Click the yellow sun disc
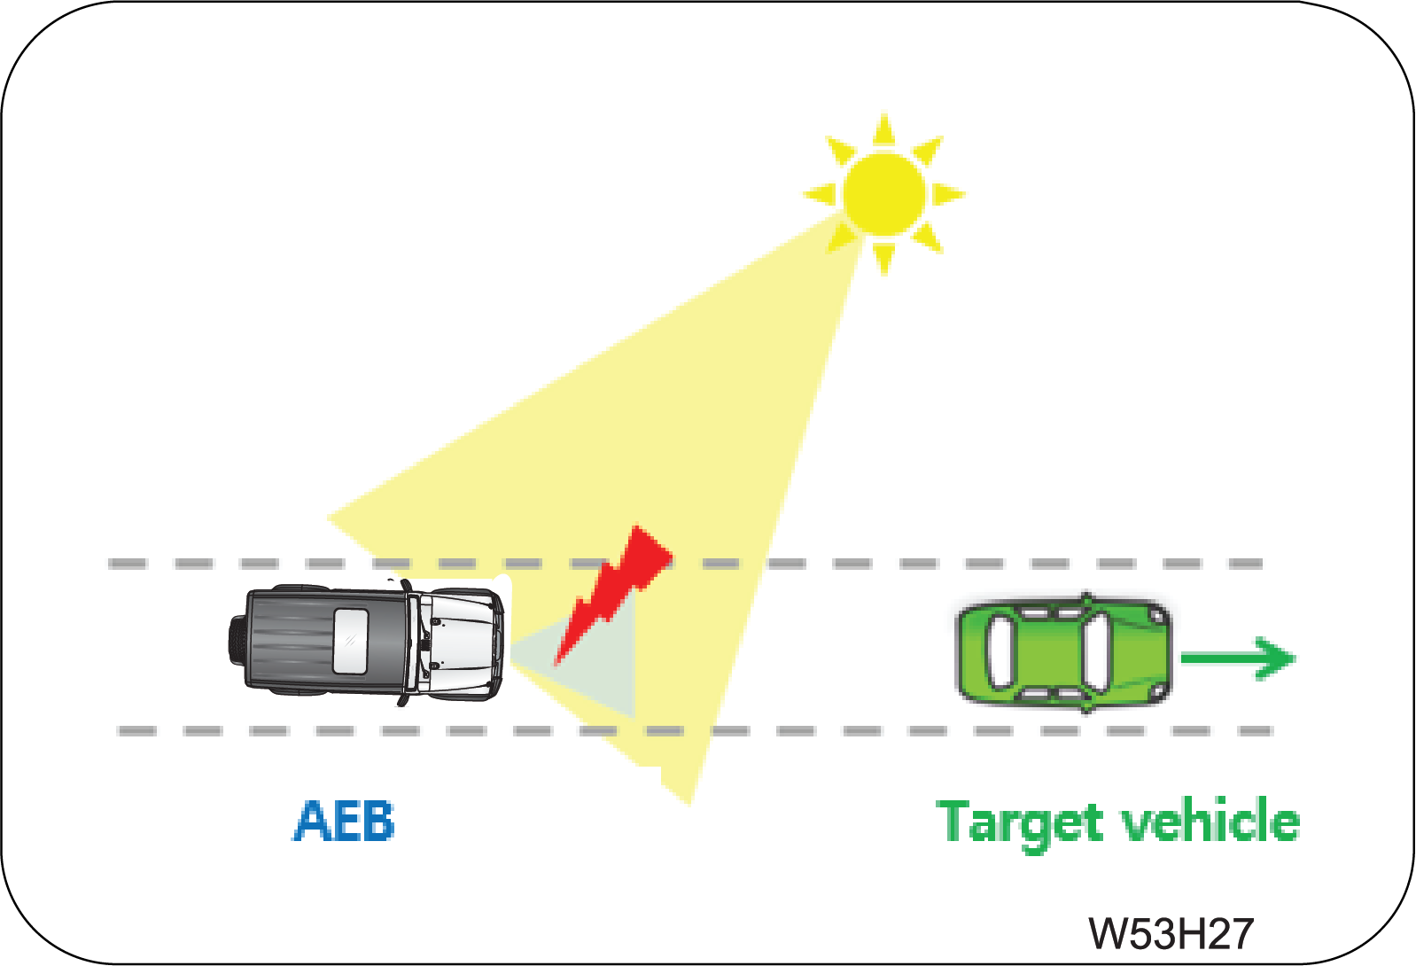pos(884,194)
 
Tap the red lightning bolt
pos(612,595)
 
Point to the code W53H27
pos(1171,933)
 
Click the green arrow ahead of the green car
pos(1238,658)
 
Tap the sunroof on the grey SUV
pos(350,641)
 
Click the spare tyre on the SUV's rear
pos(237,641)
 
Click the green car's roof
pos(1049,651)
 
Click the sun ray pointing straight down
pos(883,259)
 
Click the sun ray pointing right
pos(949,194)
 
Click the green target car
pos(1064,651)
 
